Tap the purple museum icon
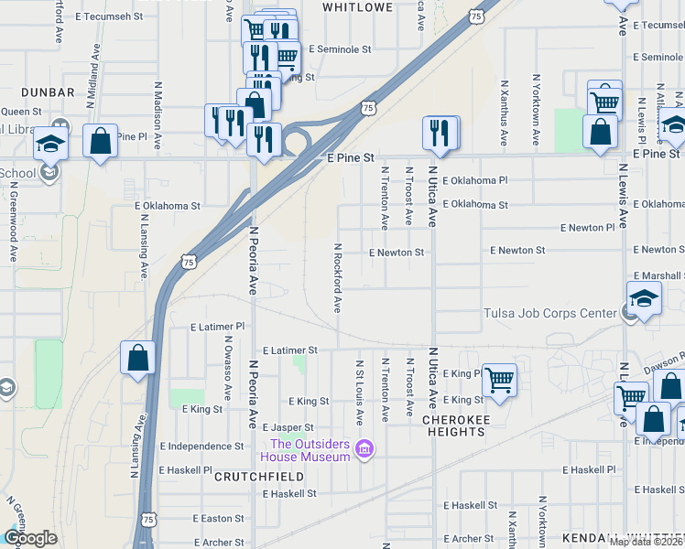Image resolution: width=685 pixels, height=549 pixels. tap(364, 448)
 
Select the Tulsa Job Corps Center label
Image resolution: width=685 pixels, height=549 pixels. tap(550, 314)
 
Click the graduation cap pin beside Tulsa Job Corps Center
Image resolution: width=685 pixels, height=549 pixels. tap(644, 299)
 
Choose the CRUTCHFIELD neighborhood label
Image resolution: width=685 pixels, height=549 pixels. tap(251, 477)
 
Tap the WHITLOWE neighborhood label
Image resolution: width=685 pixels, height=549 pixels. tap(358, 7)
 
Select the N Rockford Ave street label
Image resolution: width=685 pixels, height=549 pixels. tap(337, 278)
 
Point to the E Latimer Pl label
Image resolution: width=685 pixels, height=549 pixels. tap(218, 327)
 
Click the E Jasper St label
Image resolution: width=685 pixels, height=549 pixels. tap(288, 427)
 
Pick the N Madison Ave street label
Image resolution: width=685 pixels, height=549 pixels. tap(158, 106)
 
